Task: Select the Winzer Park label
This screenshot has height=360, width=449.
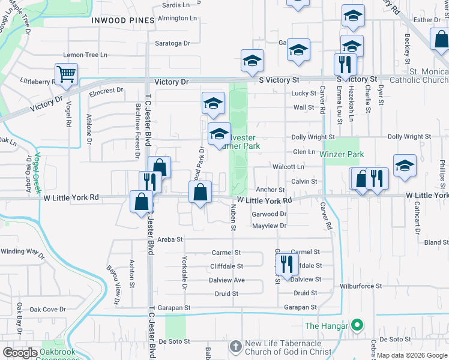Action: coord(342,154)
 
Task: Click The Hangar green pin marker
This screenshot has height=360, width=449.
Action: coord(357,326)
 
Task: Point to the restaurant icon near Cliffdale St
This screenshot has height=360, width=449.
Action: coord(286,263)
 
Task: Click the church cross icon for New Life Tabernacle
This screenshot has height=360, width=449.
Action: coord(236,346)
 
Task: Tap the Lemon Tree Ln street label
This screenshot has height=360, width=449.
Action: coord(85,55)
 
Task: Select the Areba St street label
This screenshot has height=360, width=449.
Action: coord(170,239)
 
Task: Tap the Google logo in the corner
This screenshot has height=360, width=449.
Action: coord(19,353)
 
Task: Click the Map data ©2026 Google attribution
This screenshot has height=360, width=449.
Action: coord(412,355)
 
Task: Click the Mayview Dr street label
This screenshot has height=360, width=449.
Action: coord(270,226)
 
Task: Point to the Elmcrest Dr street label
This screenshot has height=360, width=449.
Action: coord(106,90)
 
